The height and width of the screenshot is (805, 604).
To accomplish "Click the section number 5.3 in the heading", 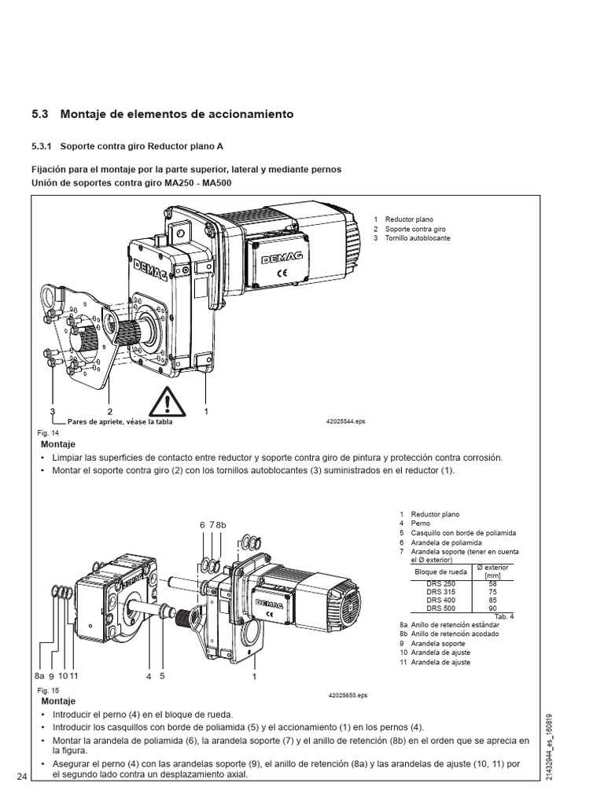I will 40,114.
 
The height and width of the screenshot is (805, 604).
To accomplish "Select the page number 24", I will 21,777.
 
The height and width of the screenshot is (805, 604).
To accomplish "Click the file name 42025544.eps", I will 346,421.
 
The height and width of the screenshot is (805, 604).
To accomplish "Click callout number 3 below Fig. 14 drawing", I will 53,411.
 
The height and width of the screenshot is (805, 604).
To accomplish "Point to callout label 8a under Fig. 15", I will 40,675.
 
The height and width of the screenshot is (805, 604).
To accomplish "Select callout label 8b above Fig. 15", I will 221,524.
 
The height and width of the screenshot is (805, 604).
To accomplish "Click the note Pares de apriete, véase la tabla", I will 120,421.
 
